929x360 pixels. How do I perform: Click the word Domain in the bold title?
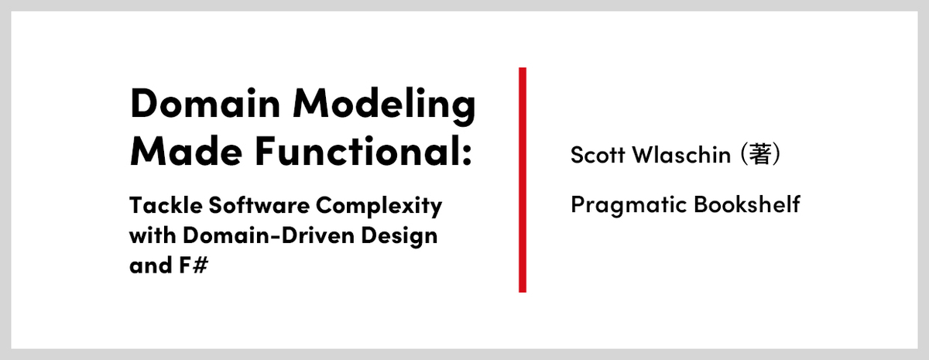(205, 103)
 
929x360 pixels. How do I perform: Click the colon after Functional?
(467, 155)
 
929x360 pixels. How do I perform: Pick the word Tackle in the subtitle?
(166, 205)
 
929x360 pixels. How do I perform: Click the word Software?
(259, 205)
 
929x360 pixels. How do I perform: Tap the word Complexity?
(379, 207)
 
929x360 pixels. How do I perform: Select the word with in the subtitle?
(153, 235)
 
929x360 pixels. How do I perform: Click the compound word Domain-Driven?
(269, 235)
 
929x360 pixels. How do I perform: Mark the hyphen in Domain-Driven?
(276, 237)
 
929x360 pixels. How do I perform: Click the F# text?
(194, 265)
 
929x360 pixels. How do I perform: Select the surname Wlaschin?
(681, 155)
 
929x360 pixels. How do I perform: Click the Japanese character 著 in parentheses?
(759, 154)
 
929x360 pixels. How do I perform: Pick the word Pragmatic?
(629, 205)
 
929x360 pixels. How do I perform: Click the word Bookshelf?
(747, 204)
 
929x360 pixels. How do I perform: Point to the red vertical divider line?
(523, 180)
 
